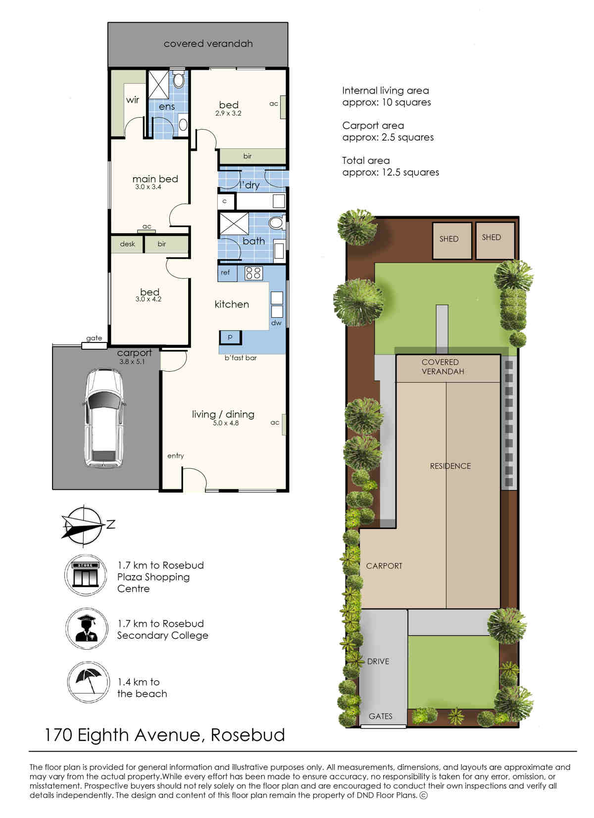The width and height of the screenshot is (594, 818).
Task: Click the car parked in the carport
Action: point(104,418)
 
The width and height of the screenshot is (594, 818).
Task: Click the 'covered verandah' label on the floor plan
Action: point(208,44)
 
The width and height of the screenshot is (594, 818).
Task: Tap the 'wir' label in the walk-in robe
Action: point(132,99)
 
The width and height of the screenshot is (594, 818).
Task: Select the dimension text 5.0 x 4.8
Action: point(226,423)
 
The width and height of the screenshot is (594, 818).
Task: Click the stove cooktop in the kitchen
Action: point(253,273)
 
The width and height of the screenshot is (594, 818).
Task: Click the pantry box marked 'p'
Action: point(230,337)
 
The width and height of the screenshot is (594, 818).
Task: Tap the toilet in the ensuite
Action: point(179,79)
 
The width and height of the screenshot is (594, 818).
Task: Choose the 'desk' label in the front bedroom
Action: point(127,244)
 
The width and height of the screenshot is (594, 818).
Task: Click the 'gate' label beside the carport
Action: point(94,338)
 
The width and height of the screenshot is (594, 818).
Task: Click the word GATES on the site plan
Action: point(380,716)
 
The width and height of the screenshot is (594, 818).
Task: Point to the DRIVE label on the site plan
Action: point(378,661)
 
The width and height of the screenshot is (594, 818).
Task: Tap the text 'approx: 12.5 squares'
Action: point(391,172)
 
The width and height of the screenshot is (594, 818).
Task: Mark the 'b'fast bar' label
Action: point(241,358)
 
